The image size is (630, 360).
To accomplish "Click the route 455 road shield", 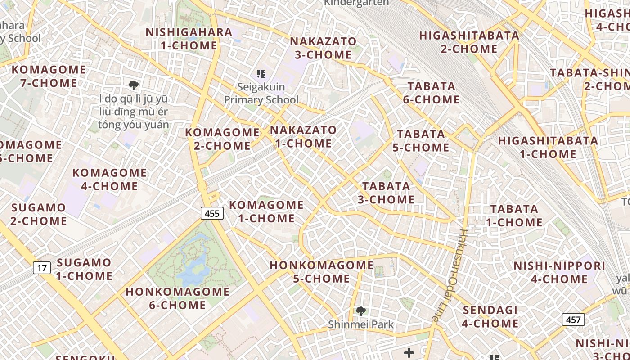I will point(212,213).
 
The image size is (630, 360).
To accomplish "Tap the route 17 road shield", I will point(42,268).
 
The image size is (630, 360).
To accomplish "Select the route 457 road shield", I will point(573,319).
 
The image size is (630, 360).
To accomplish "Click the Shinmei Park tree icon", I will point(360,311).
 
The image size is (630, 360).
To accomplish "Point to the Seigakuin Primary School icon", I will point(261,73).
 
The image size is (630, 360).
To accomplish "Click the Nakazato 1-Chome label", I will point(303,137).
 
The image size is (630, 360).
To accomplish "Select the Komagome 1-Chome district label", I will point(266,211).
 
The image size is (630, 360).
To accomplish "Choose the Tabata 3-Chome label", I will point(386,193).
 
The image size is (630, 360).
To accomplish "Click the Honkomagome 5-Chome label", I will point(321,272).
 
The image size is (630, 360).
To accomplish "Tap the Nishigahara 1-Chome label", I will point(189,39).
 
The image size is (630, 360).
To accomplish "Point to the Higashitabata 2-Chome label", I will point(469,42).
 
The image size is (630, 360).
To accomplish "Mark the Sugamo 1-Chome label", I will point(84,269).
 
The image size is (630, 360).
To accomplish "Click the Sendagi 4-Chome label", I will point(490,316).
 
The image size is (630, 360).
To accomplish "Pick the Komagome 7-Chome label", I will point(49,76).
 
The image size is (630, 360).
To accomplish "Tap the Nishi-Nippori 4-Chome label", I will point(559,272).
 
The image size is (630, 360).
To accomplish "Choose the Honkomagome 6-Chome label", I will point(177,298).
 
